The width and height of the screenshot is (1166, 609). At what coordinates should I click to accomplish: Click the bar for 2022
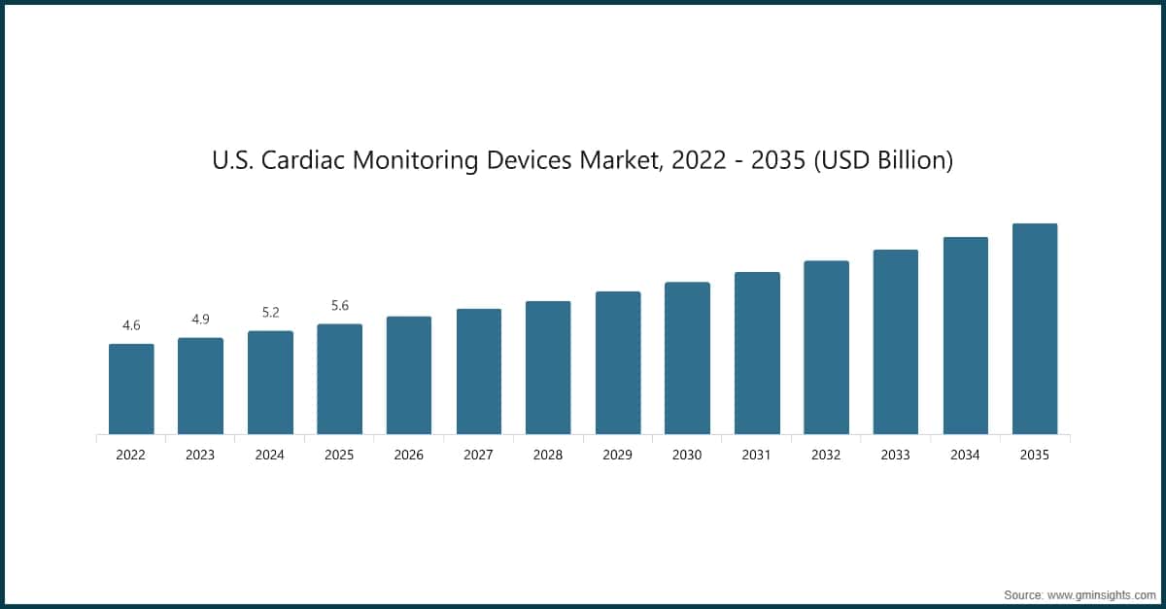click(131, 389)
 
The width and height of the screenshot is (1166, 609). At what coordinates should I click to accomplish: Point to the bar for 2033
click(896, 342)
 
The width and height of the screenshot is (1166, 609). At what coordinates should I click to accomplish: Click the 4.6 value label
click(131, 325)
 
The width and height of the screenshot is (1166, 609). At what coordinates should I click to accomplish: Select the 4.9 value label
click(200, 320)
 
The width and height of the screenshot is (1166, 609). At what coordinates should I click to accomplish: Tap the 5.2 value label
click(270, 313)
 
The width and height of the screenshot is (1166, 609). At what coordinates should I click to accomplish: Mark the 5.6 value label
click(340, 306)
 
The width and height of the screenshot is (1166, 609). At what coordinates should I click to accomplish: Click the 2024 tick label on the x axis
click(270, 455)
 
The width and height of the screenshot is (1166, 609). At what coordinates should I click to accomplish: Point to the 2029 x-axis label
click(618, 455)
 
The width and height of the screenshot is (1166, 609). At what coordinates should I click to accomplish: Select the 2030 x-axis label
click(687, 455)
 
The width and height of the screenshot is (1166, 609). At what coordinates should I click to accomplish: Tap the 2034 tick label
click(966, 455)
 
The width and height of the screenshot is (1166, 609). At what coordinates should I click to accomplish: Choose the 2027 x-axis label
click(479, 455)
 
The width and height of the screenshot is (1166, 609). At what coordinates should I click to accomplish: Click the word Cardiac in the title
click(305, 160)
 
